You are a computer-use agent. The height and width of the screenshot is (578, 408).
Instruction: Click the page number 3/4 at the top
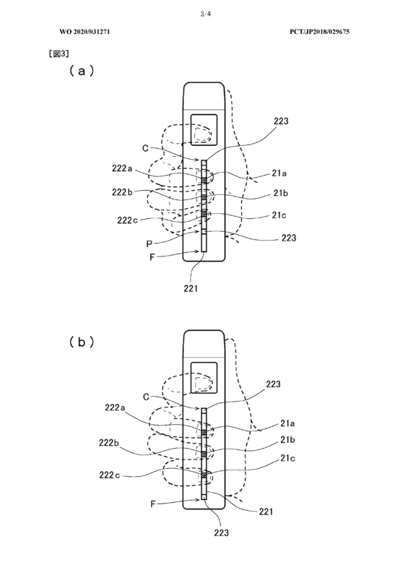(x=205, y=14)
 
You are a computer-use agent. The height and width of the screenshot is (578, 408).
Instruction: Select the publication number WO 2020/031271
(x=84, y=32)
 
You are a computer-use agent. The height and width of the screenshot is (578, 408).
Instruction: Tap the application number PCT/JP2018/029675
(x=320, y=32)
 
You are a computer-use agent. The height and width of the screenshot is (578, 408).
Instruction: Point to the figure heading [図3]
(x=58, y=53)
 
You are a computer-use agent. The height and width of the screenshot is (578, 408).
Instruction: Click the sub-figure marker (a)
(x=82, y=70)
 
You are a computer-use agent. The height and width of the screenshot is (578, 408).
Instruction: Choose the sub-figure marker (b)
(x=82, y=342)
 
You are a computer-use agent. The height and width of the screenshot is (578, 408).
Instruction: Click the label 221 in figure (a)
(x=191, y=288)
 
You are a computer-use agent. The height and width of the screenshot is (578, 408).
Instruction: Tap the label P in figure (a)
(x=149, y=244)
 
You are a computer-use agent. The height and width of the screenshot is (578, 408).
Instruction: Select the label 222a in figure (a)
(x=122, y=168)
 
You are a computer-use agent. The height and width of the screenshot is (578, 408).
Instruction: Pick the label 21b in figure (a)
(x=280, y=193)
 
